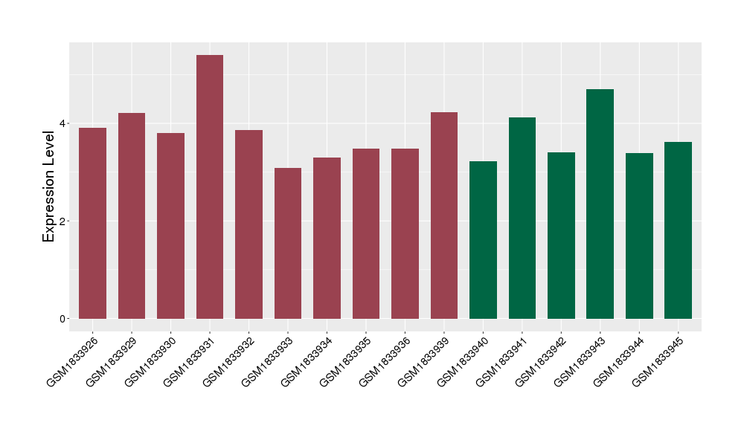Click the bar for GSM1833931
pyautogui.click(x=210, y=187)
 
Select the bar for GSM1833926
pyautogui.click(x=92, y=223)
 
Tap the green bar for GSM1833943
pyautogui.click(x=600, y=204)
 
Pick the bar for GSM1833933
pyautogui.click(x=288, y=243)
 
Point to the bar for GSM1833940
pyautogui.click(x=483, y=240)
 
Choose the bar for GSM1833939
pyautogui.click(x=444, y=215)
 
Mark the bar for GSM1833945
pyautogui.click(x=678, y=230)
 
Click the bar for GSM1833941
pyautogui.click(x=522, y=218)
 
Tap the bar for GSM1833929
pyautogui.click(x=132, y=215)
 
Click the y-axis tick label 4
pyautogui.click(x=64, y=123)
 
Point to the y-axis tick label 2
pyautogui.click(x=64, y=221)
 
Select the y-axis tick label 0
pyautogui.click(x=64, y=319)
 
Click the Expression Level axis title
pyautogui.click(x=49, y=186)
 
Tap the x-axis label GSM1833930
pyautogui.click(x=153, y=360)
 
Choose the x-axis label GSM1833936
pyautogui.click(x=388, y=360)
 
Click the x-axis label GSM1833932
pyautogui.click(x=231, y=360)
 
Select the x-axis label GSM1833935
pyautogui.click(x=348, y=360)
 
